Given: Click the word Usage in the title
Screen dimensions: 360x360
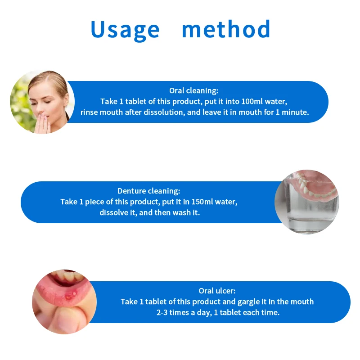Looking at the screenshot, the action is pyautogui.click(x=125, y=30).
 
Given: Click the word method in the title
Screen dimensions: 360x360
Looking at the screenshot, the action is pyautogui.click(x=226, y=29).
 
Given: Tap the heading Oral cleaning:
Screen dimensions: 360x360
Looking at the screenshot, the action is pyautogui.click(x=194, y=91).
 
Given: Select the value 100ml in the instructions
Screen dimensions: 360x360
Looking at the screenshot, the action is pyautogui.click(x=252, y=101).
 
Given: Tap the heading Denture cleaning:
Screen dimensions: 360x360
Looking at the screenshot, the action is pyautogui.click(x=149, y=191).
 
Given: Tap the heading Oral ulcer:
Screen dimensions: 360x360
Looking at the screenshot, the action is pyautogui.click(x=217, y=291).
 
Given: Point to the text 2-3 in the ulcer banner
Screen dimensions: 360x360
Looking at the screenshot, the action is pyautogui.click(x=162, y=312).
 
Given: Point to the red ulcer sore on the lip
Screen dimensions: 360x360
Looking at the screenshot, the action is pyautogui.click(x=70, y=296).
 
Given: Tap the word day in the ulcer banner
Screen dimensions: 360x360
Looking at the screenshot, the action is pyautogui.click(x=204, y=313).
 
